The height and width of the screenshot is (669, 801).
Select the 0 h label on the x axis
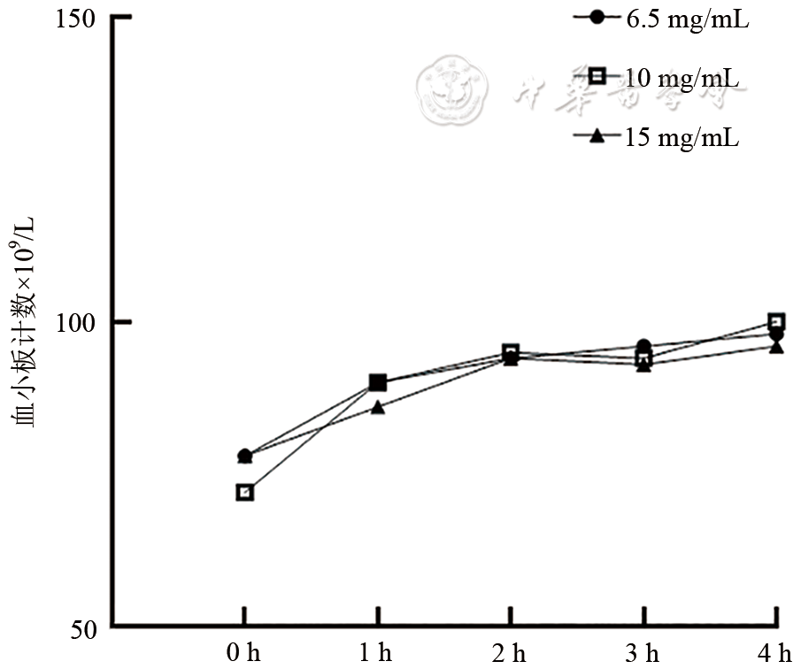tap(244, 654)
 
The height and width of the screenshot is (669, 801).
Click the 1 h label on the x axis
tap(375, 654)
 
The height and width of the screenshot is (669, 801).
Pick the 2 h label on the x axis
tap(509, 654)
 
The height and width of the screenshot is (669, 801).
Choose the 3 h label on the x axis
tap(642, 654)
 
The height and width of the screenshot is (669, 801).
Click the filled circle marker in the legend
tap(597, 18)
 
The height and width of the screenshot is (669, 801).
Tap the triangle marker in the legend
tap(597, 135)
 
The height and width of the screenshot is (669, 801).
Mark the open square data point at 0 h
tap(245, 492)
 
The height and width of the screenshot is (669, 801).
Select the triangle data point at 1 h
tap(378, 407)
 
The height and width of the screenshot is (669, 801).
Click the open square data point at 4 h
tap(776, 321)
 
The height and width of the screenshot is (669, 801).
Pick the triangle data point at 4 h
tap(776, 346)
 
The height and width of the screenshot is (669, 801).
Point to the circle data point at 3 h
tap(643, 347)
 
